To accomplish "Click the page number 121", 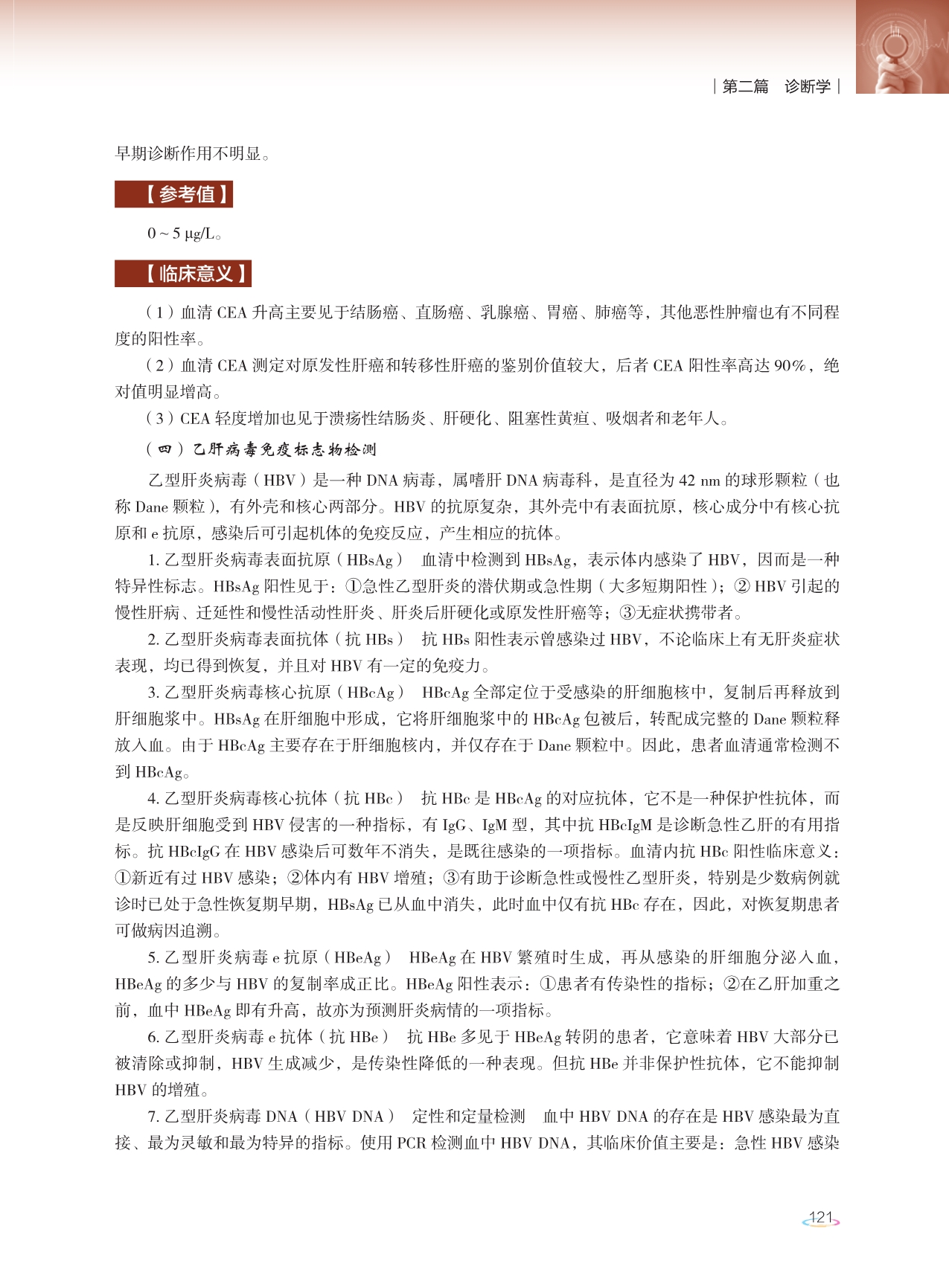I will coord(820,1218).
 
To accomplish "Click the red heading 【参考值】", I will coord(174,195).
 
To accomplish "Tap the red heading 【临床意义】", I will coord(183,274).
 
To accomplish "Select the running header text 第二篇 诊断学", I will coord(776,86).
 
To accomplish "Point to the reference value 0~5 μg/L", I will coord(184,234).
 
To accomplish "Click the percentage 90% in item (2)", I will coord(790,365).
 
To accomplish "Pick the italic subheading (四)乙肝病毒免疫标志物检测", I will coord(261,449).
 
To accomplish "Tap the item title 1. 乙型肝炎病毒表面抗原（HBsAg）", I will coord(275,559).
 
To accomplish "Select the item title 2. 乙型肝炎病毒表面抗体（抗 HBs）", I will coord(275,639).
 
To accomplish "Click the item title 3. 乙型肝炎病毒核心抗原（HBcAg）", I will coord(275,692).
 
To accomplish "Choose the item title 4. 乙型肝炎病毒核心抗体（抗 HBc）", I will coord(275,798).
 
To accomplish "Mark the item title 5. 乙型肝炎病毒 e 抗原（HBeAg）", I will coord(269,957).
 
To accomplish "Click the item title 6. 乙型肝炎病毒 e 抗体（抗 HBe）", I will coord(269,1037).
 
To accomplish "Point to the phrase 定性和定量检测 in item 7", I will coord(469,1116).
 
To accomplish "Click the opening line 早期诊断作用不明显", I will coord(192,154).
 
